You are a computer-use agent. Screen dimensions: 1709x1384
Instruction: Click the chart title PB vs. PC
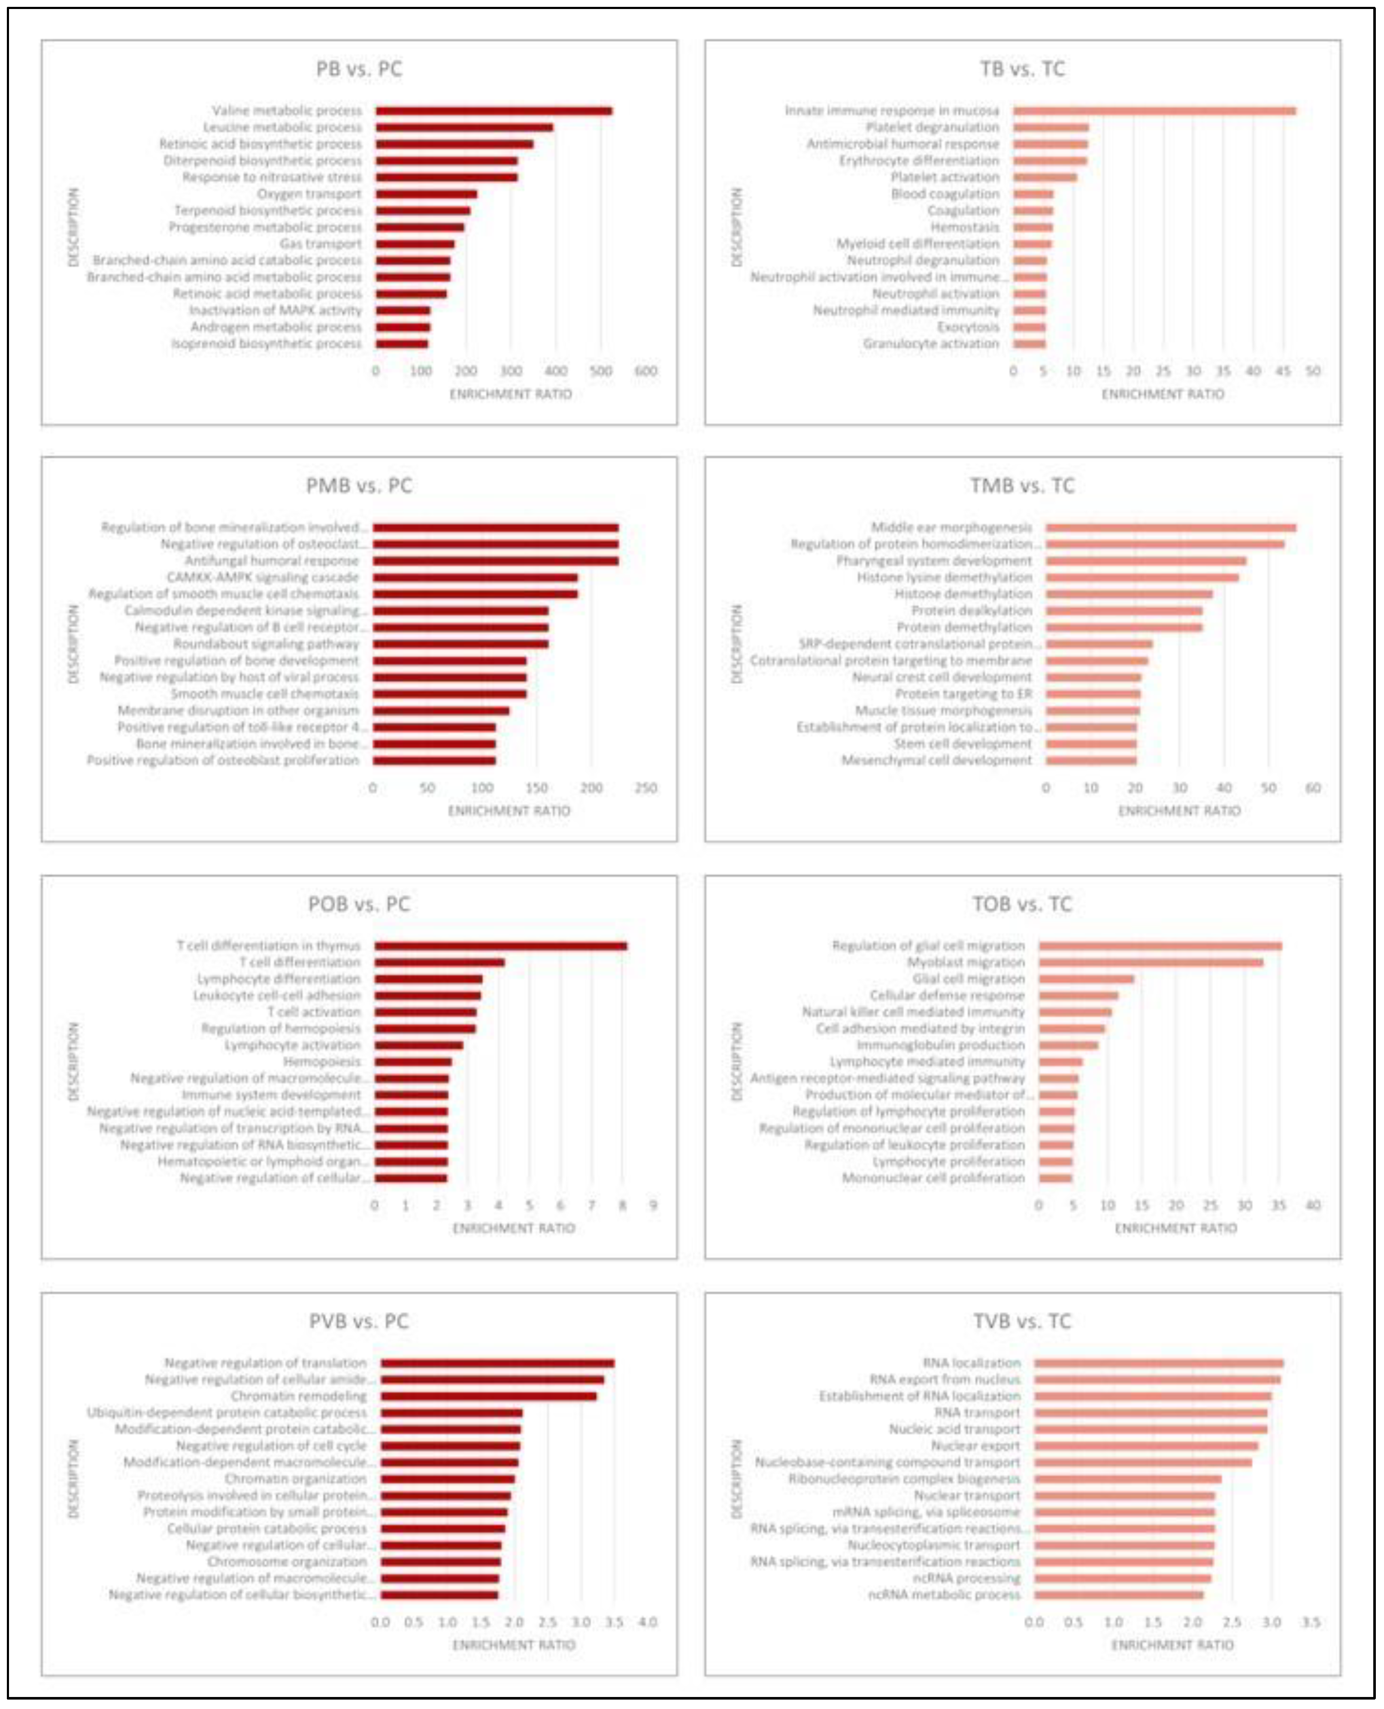coord(359,69)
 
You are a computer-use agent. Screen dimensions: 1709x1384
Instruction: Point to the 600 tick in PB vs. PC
coord(645,371)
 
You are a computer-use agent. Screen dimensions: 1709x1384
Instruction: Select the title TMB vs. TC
coord(1022,486)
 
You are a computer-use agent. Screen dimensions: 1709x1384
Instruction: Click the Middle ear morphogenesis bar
coord(1170,528)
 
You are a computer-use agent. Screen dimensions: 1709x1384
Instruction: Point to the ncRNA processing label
coord(966,1578)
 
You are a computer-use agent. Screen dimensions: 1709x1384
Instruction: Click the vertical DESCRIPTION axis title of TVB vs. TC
coord(737,1480)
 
